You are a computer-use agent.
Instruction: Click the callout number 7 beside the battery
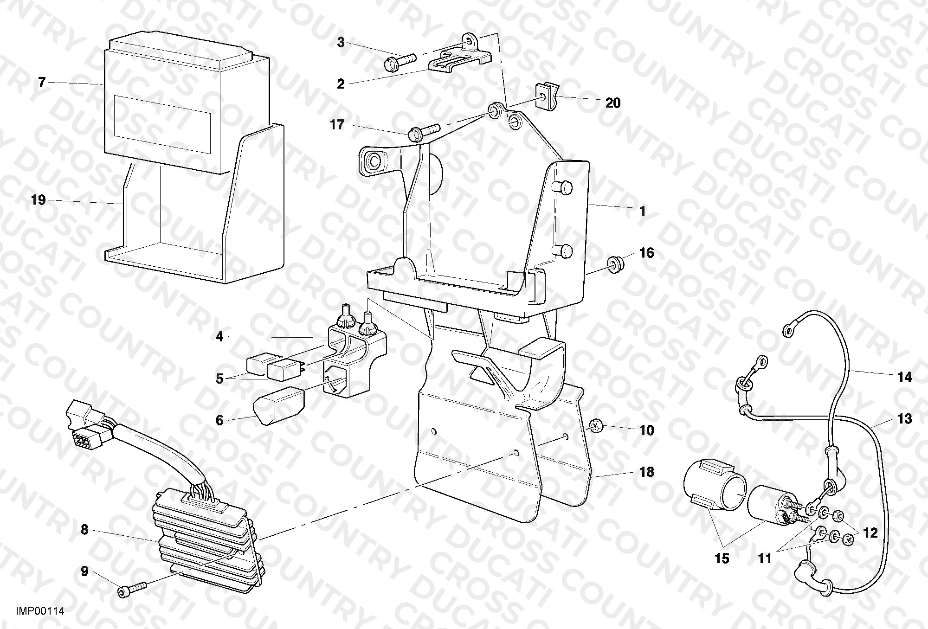point(42,83)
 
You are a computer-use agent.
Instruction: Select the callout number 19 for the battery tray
point(39,200)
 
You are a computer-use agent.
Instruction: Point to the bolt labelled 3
point(400,61)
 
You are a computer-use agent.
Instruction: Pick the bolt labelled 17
point(423,131)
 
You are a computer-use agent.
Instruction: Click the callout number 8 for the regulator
point(84,530)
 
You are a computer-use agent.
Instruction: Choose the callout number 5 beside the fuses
point(219,379)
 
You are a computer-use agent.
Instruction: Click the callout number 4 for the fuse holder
point(219,337)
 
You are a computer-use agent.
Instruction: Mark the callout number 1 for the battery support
point(642,212)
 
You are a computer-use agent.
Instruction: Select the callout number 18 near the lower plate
point(646,472)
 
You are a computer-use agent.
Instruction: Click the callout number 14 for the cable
point(904,378)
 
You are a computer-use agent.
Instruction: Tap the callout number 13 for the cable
point(904,419)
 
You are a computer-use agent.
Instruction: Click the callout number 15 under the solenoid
point(722,558)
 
